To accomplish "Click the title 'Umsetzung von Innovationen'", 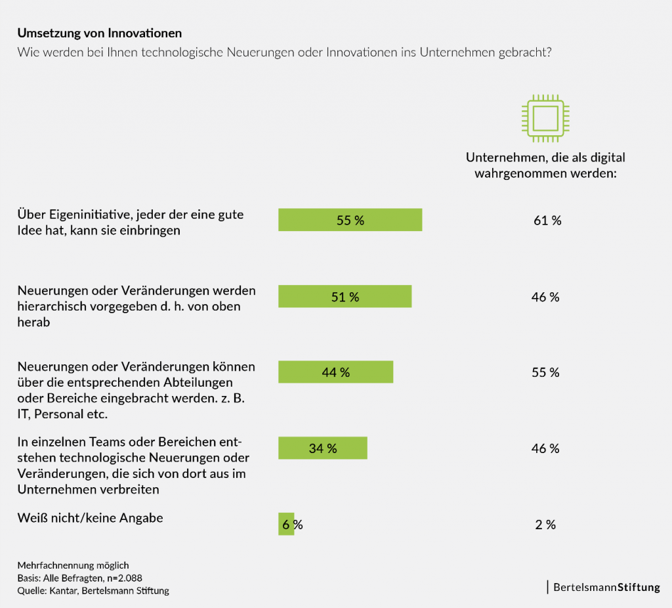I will click(x=100, y=33).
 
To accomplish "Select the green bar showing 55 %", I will click(x=350, y=220).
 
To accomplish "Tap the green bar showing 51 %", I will click(x=345, y=297).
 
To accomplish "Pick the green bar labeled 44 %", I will click(x=335, y=372).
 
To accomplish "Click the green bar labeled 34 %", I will click(x=322, y=448).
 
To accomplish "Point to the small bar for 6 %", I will click(x=285, y=524).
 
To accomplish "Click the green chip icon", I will click(x=543, y=120).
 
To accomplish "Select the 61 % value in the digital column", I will click(x=547, y=221).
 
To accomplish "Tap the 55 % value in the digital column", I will click(x=545, y=372).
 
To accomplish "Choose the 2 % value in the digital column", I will click(x=545, y=525).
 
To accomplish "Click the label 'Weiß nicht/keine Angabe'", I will click(x=90, y=518).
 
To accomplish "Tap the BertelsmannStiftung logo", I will click(x=606, y=587).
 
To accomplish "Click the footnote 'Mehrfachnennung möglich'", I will click(x=73, y=565).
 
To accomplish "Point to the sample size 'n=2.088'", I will click(x=121, y=578).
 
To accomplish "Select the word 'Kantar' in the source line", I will click(x=63, y=590).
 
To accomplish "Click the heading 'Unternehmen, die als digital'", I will click(x=545, y=158).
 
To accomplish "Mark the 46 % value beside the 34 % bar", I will click(x=545, y=448).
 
